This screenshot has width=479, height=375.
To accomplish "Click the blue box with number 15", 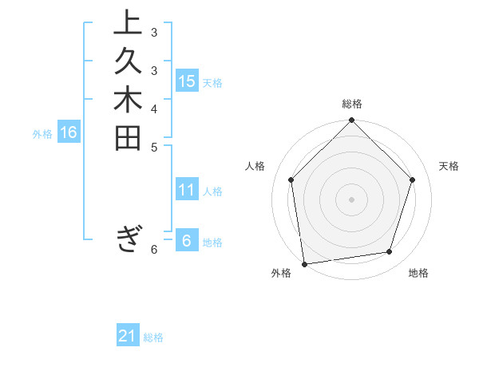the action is click(x=187, y=81).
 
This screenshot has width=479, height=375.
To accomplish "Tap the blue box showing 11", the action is click(x=187, y=190).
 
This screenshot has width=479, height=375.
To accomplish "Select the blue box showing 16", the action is click(x=69, y=132).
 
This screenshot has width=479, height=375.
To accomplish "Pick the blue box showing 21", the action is click(x=128, y=336).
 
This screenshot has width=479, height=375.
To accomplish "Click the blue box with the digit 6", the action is click(x=187, y=241).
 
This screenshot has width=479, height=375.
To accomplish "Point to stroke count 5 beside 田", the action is click(x=154, y=147).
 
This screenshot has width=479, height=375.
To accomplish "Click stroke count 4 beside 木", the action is click(x=154, y=109).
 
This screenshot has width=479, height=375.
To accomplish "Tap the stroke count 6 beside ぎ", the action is click(x=154, y=250).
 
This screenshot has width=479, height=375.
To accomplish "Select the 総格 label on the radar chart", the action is click(x=352, y=104).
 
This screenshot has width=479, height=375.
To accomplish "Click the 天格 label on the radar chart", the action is click(x=449, y=166).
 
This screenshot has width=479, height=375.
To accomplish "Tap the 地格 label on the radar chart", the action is click(x=418, y=273).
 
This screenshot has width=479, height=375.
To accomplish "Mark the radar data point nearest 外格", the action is click(x=304, y=263).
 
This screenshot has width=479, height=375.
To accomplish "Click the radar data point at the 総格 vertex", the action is click(x=352, y=121).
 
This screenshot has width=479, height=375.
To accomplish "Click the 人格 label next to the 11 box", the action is click(x=213, y=191).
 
